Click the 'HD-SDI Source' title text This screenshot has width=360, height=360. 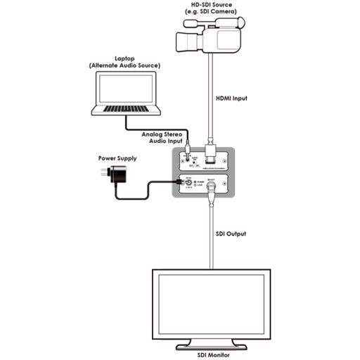coord(208,5)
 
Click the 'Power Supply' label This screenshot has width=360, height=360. coord(117,159)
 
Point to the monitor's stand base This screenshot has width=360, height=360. coord(211,345)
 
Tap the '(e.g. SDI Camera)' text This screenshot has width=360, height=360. coord(208,13)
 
